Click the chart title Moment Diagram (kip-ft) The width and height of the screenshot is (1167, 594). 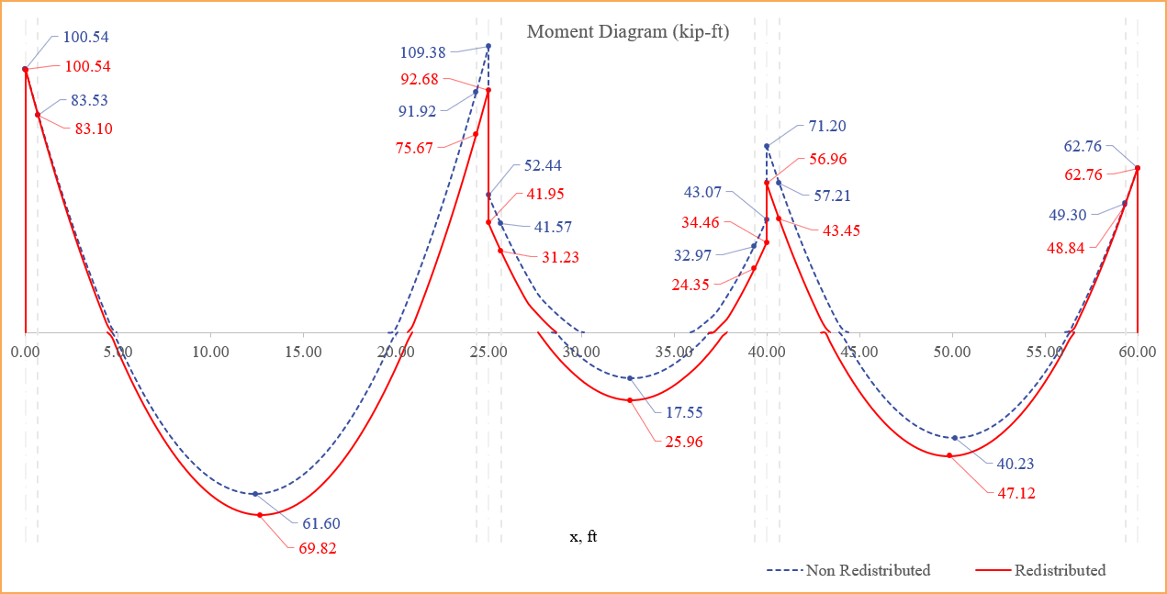click(x=628, y=32)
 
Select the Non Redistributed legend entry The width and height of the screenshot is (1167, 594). click(x=868, y=570)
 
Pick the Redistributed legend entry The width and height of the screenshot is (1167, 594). click(x=1060, y=570)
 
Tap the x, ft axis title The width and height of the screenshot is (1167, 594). click(x=583, y=536)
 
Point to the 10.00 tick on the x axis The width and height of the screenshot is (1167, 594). click(x=211, y=352)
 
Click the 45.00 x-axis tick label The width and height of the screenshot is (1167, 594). click(x=859, y=352)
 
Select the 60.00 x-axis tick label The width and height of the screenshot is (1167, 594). click(x=1138, y=352)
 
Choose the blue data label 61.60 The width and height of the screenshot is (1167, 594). click(x=321, y=524)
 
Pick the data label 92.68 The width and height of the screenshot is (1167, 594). click(x=420, y=79)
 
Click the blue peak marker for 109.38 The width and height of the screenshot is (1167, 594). click(x=488, y=46)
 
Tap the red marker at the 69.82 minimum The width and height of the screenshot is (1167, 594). click(x=260, y=515)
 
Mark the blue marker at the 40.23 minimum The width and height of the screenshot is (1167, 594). click(x=955, y=438)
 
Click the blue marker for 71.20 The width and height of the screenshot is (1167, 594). click(x=767, y=146)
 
